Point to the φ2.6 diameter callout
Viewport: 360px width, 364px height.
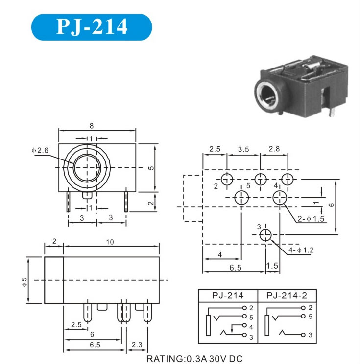click(40, 150)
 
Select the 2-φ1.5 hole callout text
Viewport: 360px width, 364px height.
click(311, 219)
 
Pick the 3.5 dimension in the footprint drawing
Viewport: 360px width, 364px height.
click(243, 148)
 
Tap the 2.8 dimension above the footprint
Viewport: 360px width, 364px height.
click(274, 148)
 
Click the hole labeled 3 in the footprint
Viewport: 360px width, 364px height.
click(265, 235)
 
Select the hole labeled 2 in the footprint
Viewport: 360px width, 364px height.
click(227, 179)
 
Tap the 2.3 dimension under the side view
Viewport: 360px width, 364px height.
click(138, 345)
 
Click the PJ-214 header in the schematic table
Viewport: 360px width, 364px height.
click(227, 296)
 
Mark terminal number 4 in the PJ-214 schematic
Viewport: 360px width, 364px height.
click(251, 326)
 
